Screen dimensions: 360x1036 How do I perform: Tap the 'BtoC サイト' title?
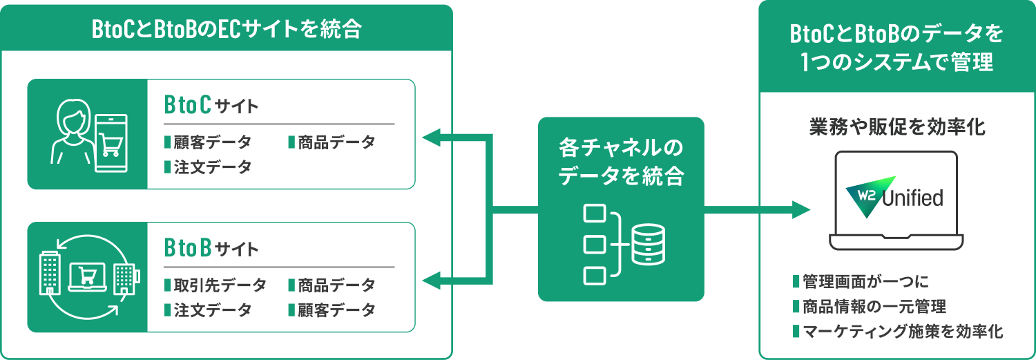tap(211, 106)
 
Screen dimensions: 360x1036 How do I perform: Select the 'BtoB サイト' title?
tap(211, 248)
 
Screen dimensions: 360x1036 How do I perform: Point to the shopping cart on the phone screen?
tap(111, 144)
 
